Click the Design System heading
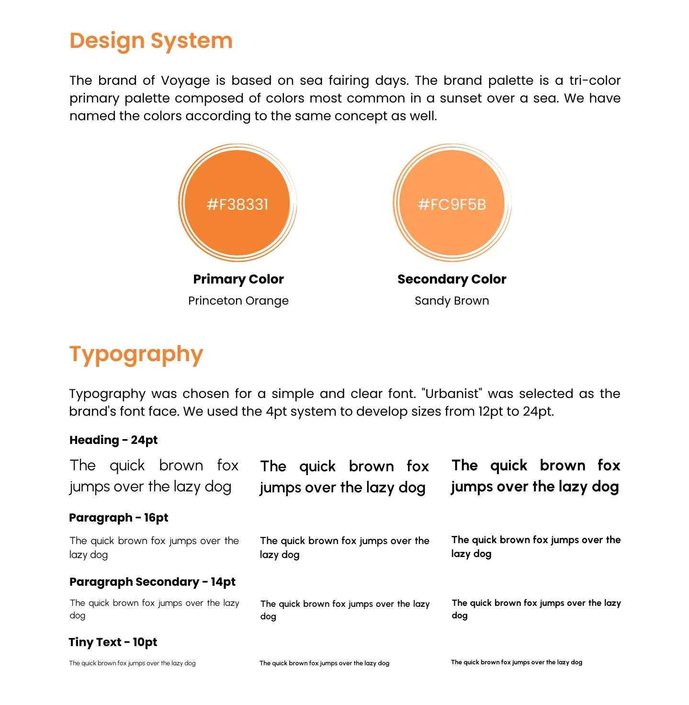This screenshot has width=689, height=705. (151, 41)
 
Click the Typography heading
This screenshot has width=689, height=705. (136, 354)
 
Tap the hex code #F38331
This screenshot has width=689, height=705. (237, 205)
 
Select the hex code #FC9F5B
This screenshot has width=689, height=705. (452, 205)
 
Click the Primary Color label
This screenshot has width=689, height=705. (238, 279)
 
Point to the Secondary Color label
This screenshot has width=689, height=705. (452, 279)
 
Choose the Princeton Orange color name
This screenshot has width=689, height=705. (238, 301)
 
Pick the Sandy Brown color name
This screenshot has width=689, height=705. (452, 301)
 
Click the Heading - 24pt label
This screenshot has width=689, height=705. (113, 440)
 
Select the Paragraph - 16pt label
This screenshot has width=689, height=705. (119, 518)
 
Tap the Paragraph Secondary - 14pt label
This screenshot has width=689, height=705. (152, 582)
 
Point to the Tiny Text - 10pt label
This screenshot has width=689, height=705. (113, 642)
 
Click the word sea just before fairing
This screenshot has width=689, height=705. (311, 80)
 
